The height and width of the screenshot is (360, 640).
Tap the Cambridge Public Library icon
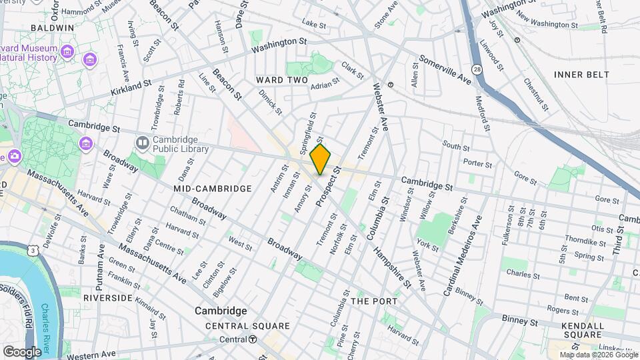[142, 143]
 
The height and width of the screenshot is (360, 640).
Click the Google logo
[22, 351]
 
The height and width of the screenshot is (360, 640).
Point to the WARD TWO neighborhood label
[282, 80]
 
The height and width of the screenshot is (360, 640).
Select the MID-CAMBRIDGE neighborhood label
[213, 189]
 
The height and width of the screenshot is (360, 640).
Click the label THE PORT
[374, 301]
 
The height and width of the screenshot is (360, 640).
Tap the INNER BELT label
[581, 75]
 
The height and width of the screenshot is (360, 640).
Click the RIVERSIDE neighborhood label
[107, 297]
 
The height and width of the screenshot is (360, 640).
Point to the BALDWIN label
[52, 28]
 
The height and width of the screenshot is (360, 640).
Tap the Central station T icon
[253, 339]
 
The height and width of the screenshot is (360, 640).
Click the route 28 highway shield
[477, 69]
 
